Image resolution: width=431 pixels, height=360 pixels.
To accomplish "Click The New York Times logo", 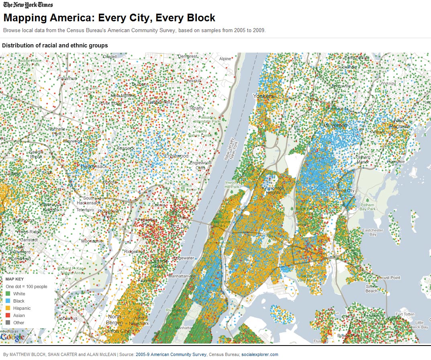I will click(x=28, y=5).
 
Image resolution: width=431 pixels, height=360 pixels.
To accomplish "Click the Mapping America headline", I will click(x=109, y=18).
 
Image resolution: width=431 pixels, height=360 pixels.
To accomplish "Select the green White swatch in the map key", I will click(x=8, y=294).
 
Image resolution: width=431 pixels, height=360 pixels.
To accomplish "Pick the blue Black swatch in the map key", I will click(x=8, y=301).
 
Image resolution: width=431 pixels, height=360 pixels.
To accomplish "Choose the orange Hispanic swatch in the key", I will click(x=8, y=308).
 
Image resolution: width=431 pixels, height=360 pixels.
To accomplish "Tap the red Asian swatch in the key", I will click(x=8, y=315).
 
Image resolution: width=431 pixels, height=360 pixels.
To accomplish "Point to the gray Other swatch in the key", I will click(x=8, y=323).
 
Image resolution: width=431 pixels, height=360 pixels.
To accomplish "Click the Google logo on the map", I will click(x=12, y=337).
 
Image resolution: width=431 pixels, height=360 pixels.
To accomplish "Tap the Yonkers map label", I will click(x=263, y=96).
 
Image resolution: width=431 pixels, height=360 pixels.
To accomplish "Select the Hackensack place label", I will click(x=94, y=166).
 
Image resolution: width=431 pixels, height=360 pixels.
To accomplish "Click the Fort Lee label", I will click(x=180, y=227).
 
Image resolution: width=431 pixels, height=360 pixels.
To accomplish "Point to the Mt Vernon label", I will click(x=335, y=125).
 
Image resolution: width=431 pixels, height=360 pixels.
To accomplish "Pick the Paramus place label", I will click(x=67, y=78).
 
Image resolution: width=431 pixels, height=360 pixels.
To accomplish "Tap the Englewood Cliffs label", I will click(x=200, y=165).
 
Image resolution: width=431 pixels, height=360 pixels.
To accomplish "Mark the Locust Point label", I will click(x=389, y=278).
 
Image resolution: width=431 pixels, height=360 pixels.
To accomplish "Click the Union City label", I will click(x=117, y=331).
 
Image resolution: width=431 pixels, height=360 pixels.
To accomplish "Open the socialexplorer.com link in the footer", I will click(x=259, y=354).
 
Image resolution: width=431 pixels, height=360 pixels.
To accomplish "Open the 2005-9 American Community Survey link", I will click(x=171, y=354).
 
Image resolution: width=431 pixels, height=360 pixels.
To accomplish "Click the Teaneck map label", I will click(x=126, y=148).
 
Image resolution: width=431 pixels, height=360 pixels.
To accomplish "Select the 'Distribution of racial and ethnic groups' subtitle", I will click(x=55, y=45).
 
